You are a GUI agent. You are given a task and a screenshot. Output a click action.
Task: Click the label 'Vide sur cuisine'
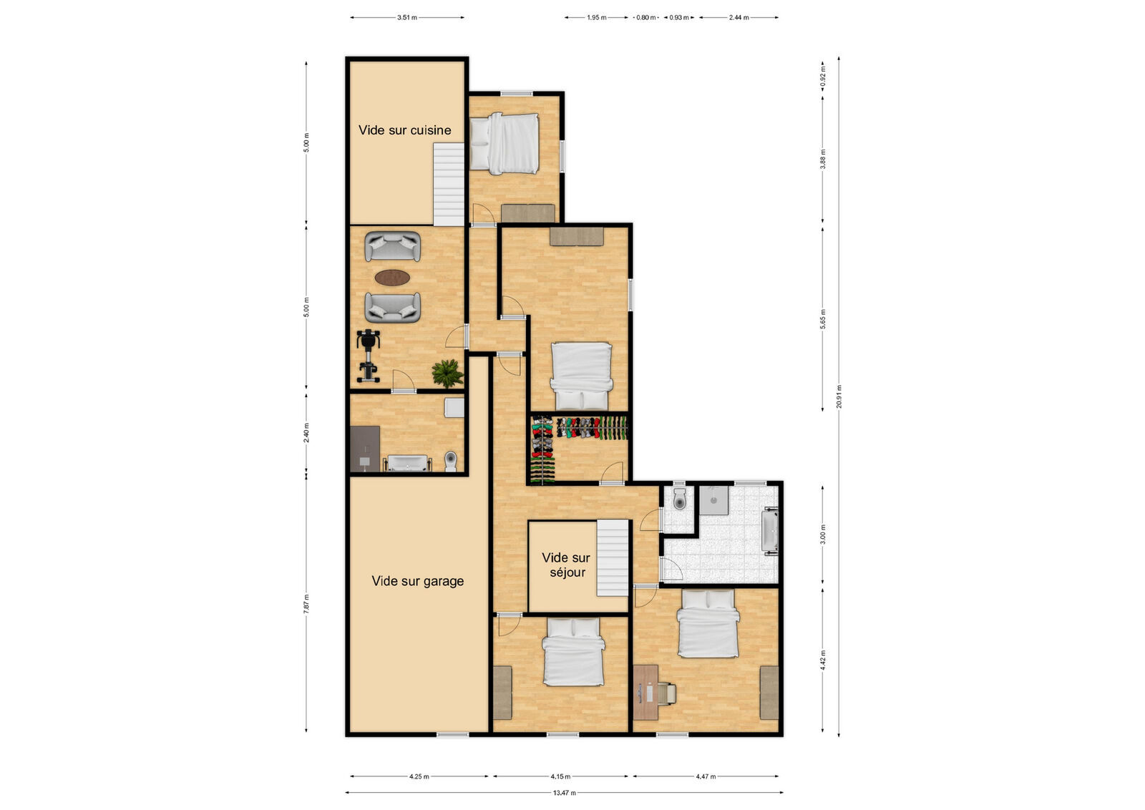tap(404, 130)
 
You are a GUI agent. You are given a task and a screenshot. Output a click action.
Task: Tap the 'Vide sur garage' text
tap(417, 581)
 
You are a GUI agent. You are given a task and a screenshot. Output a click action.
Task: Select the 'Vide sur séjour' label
tap(566, 565)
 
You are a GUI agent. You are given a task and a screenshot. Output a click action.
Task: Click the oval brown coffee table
tap(392, 277)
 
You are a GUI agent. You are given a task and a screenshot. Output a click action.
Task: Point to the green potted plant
tap(447, 373)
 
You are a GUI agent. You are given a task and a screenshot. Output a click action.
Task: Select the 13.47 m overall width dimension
tap(564, 792)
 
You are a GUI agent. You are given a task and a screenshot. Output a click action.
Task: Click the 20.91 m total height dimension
tap(839, 396)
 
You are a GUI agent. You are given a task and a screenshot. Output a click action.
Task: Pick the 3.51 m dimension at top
tap(406, 17)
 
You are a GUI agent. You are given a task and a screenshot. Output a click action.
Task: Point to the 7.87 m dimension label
tap(306, 602)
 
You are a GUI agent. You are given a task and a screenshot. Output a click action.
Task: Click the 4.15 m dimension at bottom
tap(560, 776)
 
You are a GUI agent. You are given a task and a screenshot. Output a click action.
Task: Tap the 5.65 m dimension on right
tap(822, 318)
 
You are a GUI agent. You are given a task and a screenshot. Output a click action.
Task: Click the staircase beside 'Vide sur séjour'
tap(613, 558)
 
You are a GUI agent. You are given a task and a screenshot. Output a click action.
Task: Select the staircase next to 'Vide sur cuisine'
tap(449, 184)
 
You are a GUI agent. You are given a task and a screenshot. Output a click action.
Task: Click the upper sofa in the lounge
tap(392, 247)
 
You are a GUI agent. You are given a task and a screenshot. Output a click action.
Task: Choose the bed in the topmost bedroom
tap(505, 143)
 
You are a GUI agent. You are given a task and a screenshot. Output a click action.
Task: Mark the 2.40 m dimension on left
tap(306, 433)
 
